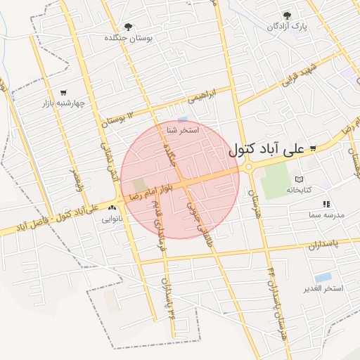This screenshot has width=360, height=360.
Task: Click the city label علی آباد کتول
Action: (x=267, y=150)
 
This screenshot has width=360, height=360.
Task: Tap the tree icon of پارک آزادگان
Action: (x=286, y=15)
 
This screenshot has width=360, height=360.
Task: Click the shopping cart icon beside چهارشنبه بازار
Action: (x=63, y=92)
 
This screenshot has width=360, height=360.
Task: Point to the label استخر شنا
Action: (x=183, y=131)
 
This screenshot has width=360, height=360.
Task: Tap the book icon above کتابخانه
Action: (x=299, y=180)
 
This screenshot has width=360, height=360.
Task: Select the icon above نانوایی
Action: (x=112, y=210)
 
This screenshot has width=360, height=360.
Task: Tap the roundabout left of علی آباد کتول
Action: (x=248, y=167)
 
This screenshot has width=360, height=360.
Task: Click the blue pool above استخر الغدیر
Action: (x=323, y=277)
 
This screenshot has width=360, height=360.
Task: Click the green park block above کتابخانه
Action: (x=275, y=179)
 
